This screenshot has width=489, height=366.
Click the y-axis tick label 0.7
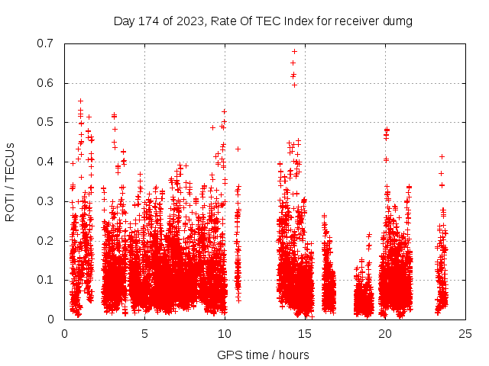[x=47, y=43]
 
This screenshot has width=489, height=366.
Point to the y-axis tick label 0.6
[x=47, y=83]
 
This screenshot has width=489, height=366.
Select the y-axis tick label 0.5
[x=47, y=122]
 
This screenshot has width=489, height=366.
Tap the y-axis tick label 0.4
[x=47, y=162]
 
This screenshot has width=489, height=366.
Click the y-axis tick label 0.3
[x=47, y=201]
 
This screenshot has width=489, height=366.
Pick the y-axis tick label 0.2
[x=47, y=240]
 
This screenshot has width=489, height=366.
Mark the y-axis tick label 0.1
[x=47, y=280]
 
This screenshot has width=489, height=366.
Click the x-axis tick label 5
[x=144, y=333]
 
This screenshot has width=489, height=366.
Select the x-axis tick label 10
[x=225, y=333]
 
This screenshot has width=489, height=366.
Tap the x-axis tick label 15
[x=305, y=333]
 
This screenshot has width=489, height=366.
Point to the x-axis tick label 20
[x=385, y=333]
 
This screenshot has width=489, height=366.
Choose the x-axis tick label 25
[x=465, y=333]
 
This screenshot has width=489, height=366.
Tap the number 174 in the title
[x=149, y=21]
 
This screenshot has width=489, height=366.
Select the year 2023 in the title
[x=188, y=21]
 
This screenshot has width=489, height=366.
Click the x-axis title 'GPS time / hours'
[x=263, y=355]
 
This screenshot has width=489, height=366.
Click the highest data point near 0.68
[x=294, y=52]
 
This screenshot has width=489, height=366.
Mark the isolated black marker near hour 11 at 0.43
[x=238, y=149]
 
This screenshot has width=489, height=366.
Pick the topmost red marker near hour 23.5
[x=442, y=156]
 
